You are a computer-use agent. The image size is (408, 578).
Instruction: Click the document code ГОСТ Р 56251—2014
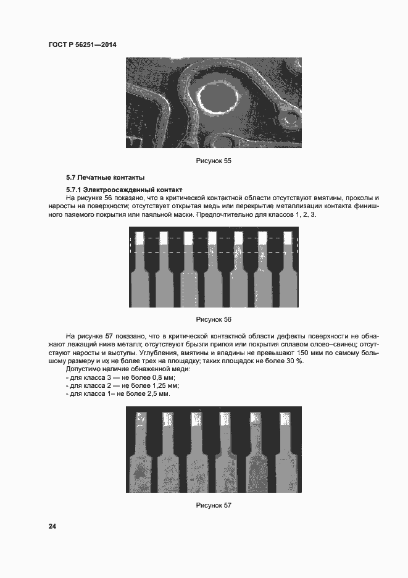pyautogui.click(x=81, y=45)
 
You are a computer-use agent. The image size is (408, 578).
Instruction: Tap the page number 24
pyautogui.click(x=52, y=526)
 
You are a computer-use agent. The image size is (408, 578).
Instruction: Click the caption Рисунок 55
pyautogui.click(x=213, y=161)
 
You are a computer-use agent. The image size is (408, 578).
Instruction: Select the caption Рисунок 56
pyautogui.click(x=213, y=319)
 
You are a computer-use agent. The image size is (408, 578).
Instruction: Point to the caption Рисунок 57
pyautogui.click(x=213, y=505)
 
